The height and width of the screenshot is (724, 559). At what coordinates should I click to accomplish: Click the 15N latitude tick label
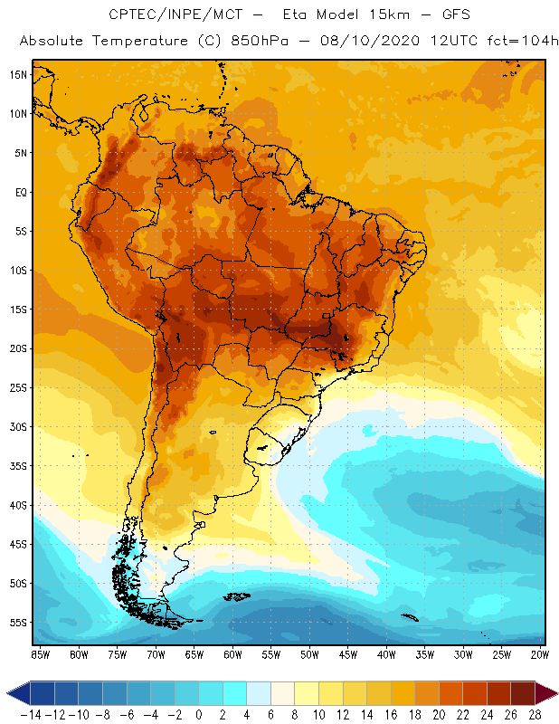(18, 74)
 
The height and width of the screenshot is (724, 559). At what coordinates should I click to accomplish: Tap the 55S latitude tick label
(18, 623)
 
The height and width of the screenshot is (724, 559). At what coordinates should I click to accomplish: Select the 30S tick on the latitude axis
(18, 426)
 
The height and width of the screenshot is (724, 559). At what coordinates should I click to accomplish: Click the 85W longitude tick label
(40, 653)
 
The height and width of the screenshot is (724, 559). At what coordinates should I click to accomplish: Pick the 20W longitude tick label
(541, 653)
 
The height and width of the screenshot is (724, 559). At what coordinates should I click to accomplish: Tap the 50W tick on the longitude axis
(309, 653)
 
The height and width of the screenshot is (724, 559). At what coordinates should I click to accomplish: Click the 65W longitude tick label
(194, 653)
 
